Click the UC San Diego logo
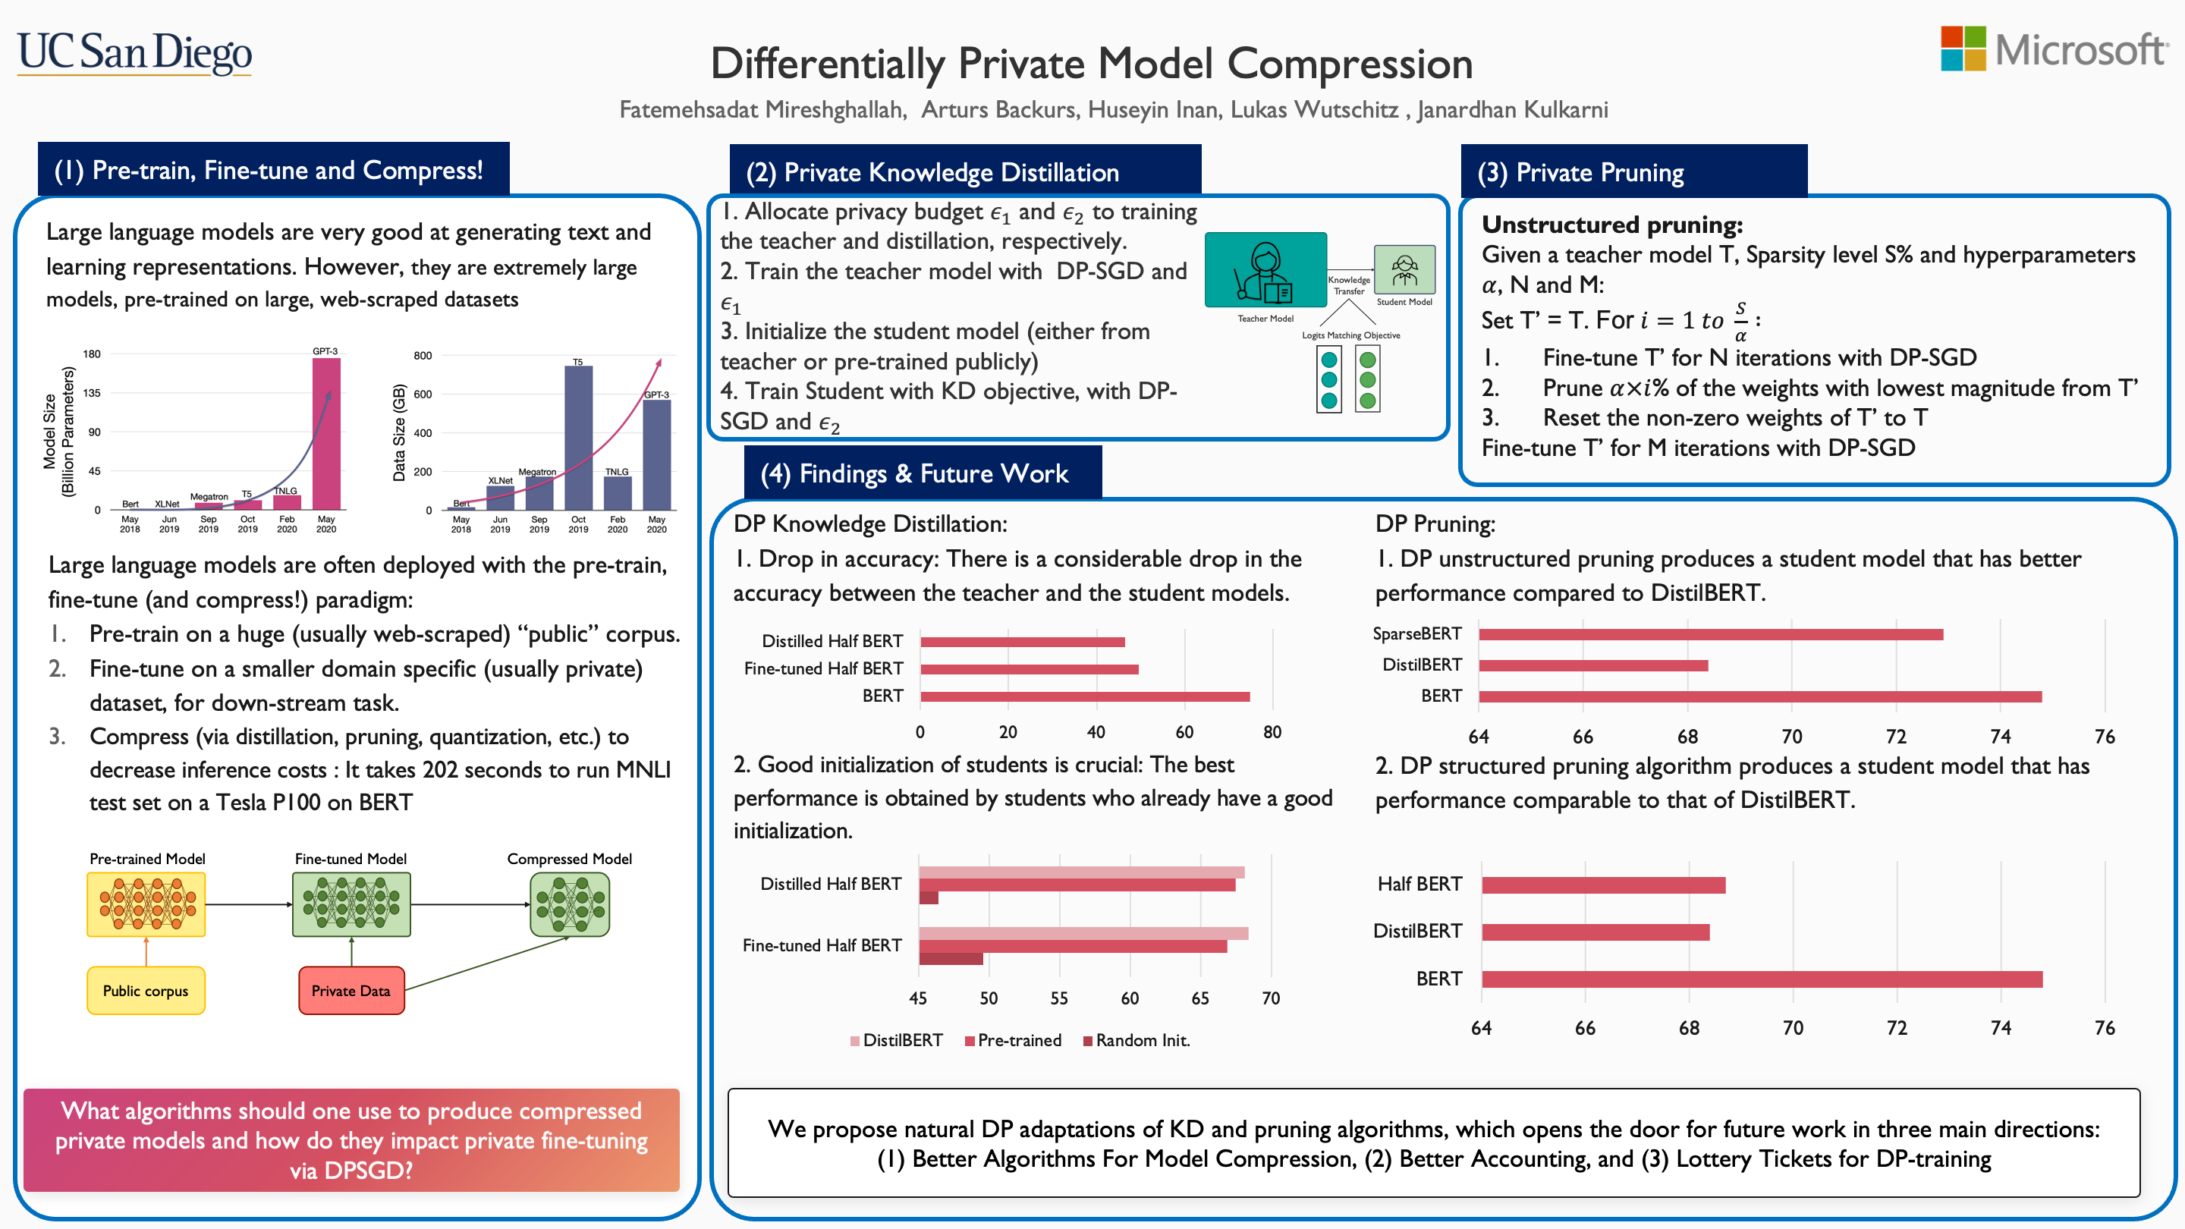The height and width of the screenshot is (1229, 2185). pos(134,52)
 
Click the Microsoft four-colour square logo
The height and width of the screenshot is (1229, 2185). pos(1963,49)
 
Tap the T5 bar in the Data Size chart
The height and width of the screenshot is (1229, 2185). pos(578,437)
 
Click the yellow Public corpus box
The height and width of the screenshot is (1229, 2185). pos(146,991)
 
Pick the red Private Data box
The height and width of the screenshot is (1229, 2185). pos(351,991)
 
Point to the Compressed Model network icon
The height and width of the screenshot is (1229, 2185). pos(569,904)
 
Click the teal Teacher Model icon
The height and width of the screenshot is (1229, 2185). pos(1265,270)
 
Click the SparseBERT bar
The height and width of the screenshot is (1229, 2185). pos(1710,634)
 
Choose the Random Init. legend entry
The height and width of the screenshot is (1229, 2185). pos(1137,1041)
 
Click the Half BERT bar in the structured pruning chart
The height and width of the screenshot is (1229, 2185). pos(1603,885)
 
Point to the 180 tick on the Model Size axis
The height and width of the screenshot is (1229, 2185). pos(92,354)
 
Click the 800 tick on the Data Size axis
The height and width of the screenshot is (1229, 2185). pos(423,355)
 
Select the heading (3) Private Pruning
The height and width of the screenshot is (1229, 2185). pos(1581,172)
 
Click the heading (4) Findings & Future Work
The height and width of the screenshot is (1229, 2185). pos(913,473)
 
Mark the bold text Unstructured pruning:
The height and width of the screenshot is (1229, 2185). pos(1611,225)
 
